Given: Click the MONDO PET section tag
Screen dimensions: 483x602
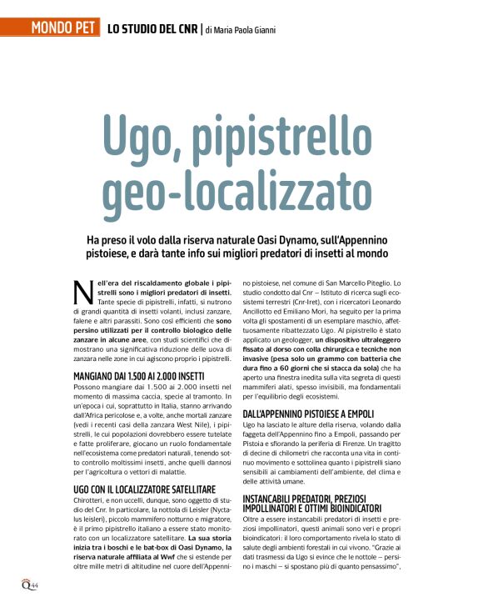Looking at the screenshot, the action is tap(63, 30).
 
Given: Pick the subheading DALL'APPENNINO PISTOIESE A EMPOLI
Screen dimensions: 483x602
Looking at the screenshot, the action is tap(320, 414).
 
